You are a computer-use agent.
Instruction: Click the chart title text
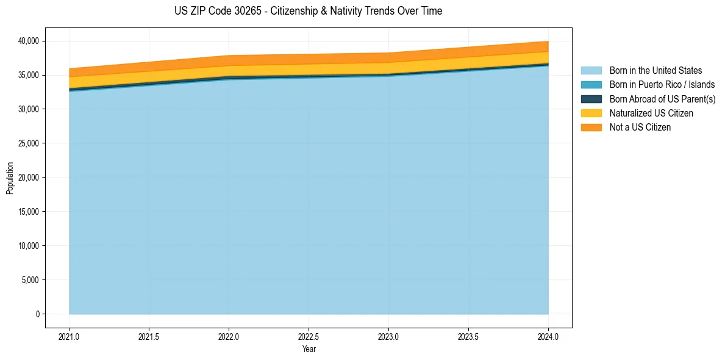[308, 11]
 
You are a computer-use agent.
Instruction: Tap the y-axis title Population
[10, 178]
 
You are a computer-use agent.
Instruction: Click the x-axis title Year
[309, 349]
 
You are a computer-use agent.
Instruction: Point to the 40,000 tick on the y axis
[29, 41]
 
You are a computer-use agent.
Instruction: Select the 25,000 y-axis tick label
[29, 143]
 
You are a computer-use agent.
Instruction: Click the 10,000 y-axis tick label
[29, 246]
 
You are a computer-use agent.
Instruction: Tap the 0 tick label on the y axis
[37, 314]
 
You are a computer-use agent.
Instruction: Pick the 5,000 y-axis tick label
[30, 280]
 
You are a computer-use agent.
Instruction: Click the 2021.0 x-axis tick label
[70, 336]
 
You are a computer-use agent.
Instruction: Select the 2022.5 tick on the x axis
[309, 336]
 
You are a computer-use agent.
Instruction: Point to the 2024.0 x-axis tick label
[548, 336]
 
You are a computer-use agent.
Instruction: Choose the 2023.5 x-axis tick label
[468, 336]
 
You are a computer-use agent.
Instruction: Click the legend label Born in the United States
[655, 71]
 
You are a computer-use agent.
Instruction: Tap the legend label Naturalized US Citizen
[651, 113]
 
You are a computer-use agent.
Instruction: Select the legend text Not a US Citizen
[640, 128]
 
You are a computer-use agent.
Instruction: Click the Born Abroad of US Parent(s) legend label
[662, 99]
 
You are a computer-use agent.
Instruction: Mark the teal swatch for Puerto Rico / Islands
[591, 85]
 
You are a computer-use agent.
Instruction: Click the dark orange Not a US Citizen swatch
[591, 128]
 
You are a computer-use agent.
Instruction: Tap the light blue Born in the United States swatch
[591, 71]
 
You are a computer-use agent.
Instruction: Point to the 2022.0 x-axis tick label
[229, 336]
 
